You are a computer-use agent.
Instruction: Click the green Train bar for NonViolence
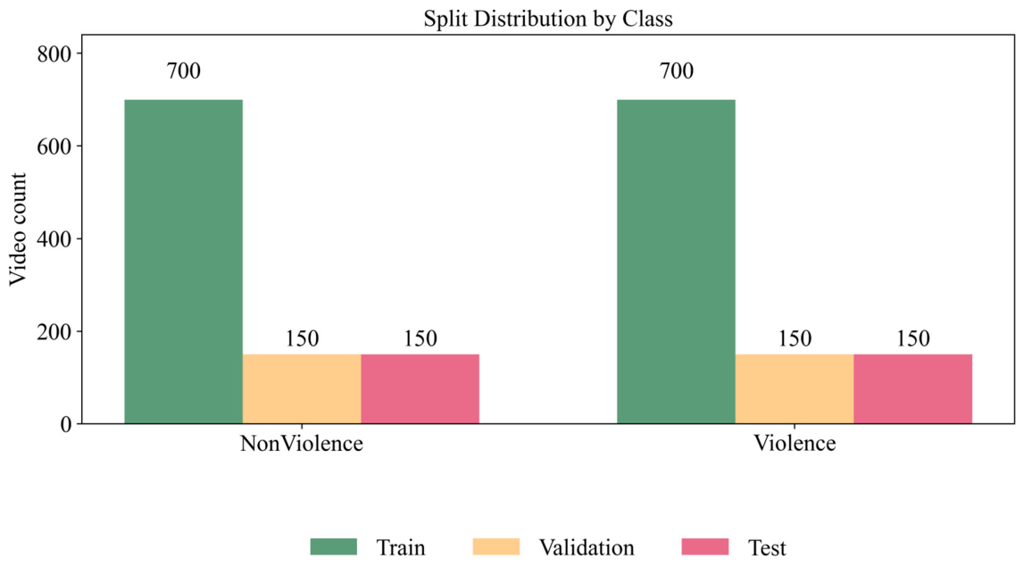[183, 261]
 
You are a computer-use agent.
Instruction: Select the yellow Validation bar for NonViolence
[302, 388]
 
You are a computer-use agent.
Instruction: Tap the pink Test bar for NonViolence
[420, 388]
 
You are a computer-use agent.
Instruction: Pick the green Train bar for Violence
[676, 261]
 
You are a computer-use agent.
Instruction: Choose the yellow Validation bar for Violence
[795, 388]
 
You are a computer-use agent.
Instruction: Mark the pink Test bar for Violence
[912, 388]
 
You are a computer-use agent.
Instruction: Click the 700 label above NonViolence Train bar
[183, 71]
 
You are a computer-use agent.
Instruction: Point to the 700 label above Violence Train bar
[676, 71]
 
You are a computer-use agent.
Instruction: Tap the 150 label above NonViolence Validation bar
[302, 338]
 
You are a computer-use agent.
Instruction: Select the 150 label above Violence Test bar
[912, 338]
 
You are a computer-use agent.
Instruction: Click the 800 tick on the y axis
[55, 54]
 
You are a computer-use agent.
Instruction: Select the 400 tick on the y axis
[55, 238]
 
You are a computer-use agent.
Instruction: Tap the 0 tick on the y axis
[64, 424]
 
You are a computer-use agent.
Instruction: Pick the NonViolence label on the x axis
[302, 444]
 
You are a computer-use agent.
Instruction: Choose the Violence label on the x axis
[795, 444]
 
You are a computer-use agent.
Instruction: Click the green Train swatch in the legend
[334, 546]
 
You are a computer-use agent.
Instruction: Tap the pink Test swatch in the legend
[705, 546]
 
